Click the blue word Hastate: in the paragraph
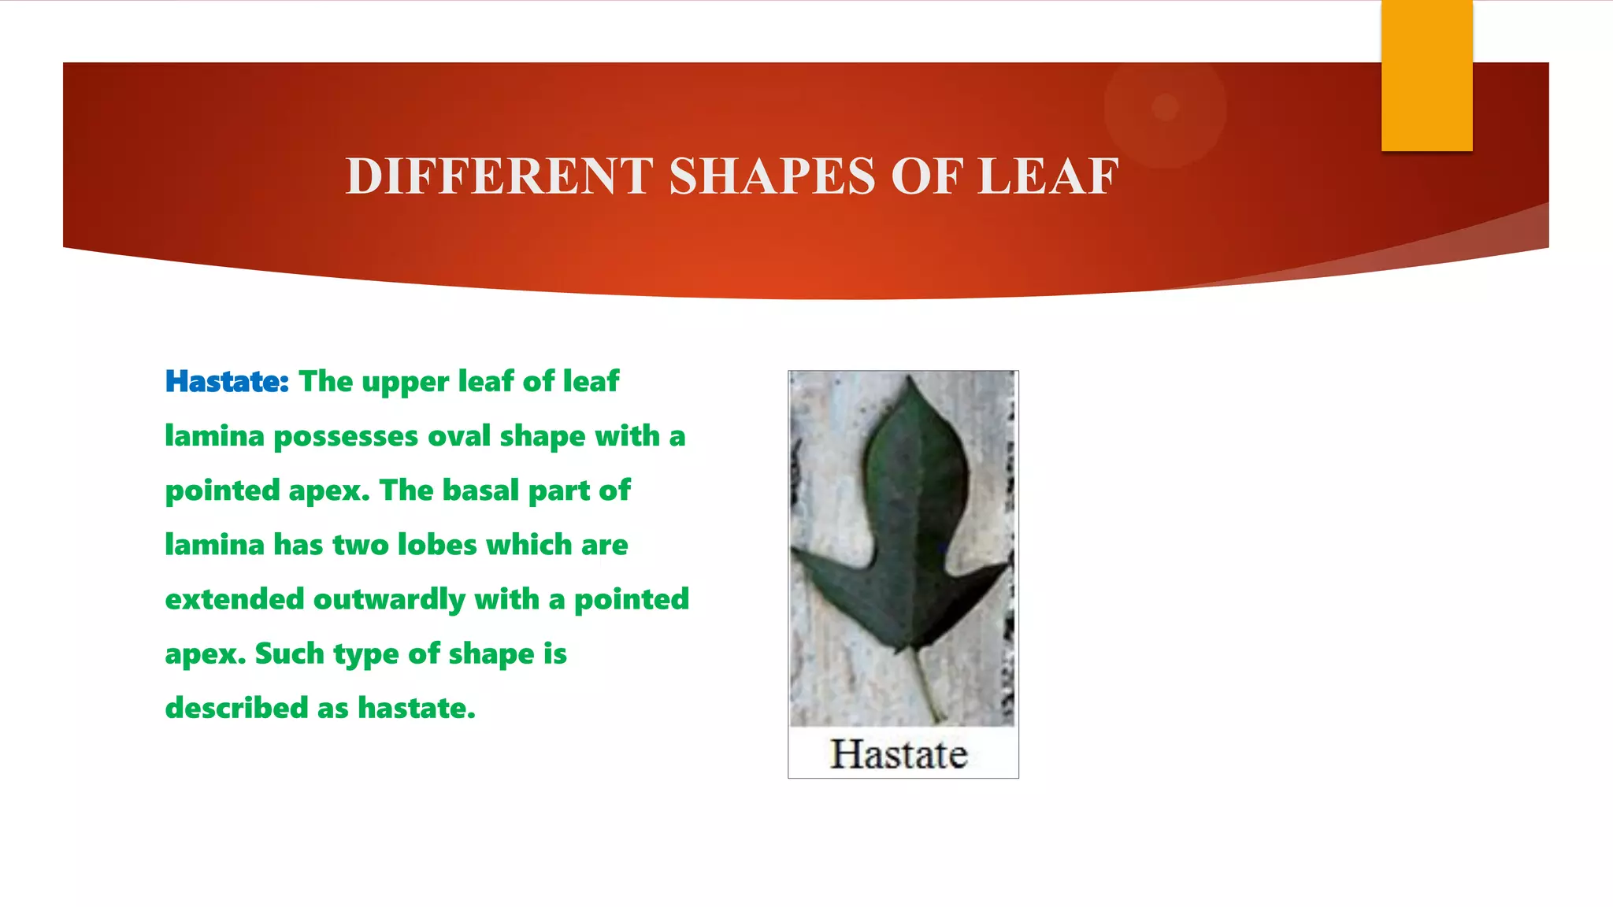227,382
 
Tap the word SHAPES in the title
772,176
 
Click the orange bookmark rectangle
1426,76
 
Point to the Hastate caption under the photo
899,754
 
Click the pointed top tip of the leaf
911,379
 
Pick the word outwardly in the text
389,599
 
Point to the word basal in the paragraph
480,491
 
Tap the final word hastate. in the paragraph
417,708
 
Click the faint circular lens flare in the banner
1165,107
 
